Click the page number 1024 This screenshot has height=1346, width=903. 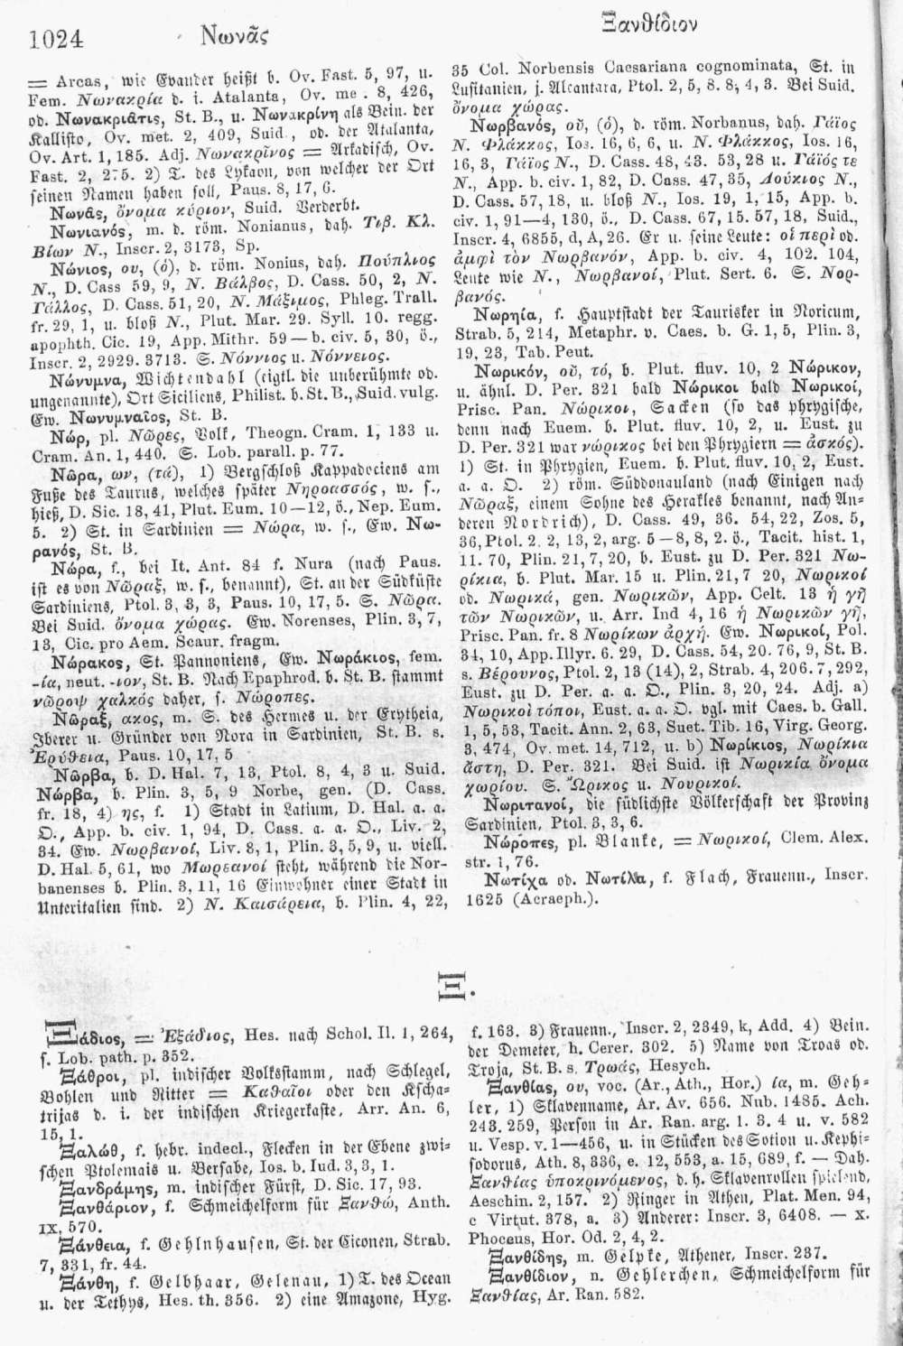(x=57, y=39)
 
